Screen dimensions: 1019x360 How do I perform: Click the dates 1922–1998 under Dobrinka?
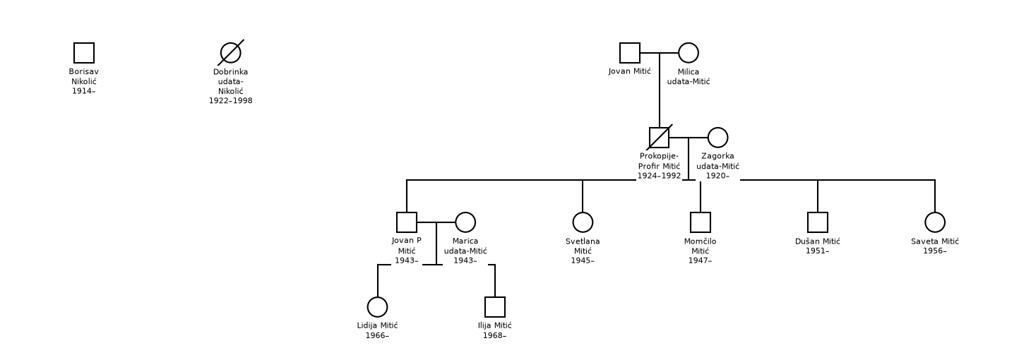pos(231,101)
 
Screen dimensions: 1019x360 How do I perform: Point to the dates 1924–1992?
pos(659,176)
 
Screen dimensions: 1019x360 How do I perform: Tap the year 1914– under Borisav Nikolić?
pos(84,91)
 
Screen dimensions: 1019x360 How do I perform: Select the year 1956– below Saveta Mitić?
pos(935,251)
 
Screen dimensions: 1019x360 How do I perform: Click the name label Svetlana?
pos(583,241)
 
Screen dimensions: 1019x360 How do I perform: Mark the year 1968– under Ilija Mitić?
pos(495,336)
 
